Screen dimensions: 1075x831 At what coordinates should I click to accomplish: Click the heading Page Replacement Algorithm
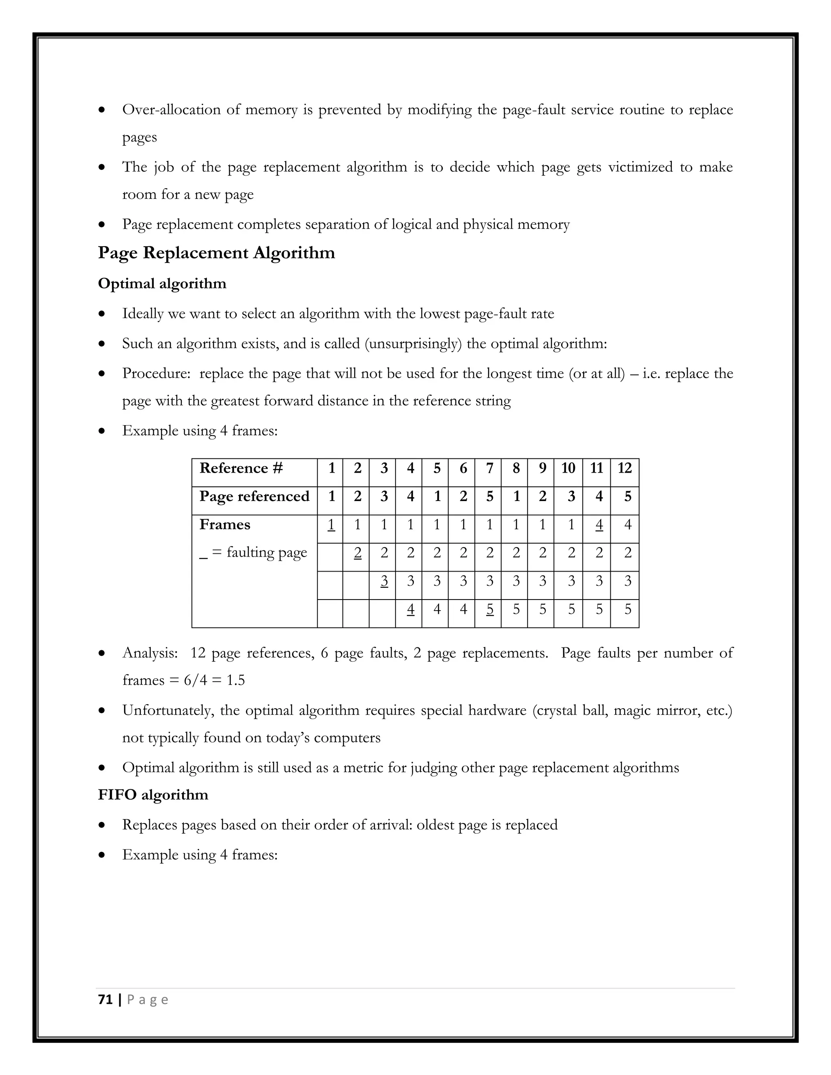click(216, 253)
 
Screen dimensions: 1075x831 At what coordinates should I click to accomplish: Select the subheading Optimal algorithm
click(162, 284)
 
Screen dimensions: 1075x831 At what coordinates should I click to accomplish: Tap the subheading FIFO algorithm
click(153, 795)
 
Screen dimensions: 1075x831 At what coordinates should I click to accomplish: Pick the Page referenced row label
click(254, 496)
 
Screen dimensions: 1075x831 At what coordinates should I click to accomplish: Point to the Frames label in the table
click(224, 525)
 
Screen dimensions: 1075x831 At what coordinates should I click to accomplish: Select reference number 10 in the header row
click(568, 468)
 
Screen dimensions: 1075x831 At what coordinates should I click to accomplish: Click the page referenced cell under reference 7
click(489, 496)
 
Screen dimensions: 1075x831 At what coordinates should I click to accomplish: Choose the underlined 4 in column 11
click(598, 525)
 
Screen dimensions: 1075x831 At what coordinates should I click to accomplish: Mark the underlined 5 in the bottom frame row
click(489, 610)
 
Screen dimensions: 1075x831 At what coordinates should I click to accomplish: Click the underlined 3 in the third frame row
click(384, 581)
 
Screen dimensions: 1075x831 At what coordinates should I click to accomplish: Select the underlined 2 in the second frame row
click(357, 553)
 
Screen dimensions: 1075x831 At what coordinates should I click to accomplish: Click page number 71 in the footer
click(105, 1000)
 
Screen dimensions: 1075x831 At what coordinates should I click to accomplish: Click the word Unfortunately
click(167, 711)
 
